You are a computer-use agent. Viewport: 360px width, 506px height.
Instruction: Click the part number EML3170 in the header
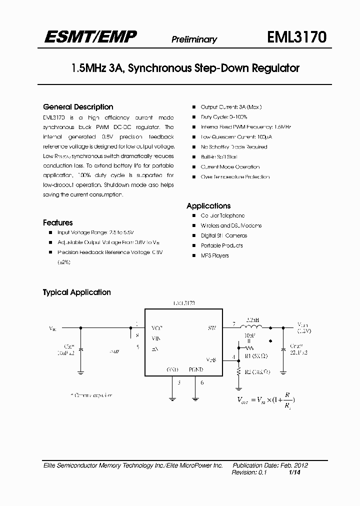[297, 38]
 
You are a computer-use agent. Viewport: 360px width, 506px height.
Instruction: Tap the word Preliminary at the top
[194, 39]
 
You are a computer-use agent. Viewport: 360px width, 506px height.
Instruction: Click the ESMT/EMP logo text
[90, 35]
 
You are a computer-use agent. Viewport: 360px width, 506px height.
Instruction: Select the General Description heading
[78, 107]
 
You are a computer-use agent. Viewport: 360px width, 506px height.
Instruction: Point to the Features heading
[58, 222]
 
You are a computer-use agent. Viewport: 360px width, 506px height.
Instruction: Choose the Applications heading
[208, 205]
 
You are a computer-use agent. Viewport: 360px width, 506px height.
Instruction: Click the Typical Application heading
[77, 292]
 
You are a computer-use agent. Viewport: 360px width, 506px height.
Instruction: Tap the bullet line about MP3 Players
[214, 255]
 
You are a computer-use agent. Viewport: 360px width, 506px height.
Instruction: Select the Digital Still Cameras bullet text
[223, 235]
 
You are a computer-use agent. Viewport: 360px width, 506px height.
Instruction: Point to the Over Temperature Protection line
[235, 177]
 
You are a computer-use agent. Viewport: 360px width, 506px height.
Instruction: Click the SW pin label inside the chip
[211, 328]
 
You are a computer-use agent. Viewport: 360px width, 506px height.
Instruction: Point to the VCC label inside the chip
[156, 328]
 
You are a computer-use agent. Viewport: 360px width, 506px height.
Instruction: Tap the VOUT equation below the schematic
[265, 399]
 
